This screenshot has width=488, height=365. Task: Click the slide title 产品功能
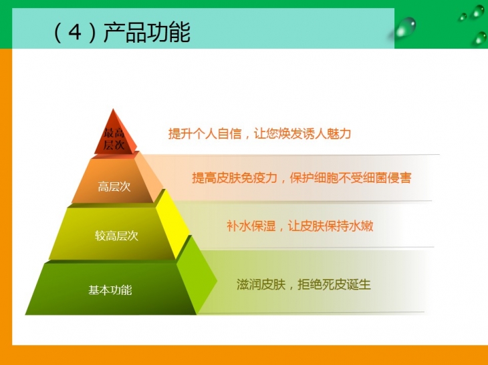[146, 32]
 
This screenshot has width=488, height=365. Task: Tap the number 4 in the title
[75, 32]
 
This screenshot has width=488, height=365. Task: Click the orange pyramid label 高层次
[114, 187]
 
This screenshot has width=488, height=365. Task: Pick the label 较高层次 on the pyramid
[116, 236]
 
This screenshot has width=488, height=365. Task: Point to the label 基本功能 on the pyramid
[110, 290]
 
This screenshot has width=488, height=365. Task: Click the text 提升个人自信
[205, 133]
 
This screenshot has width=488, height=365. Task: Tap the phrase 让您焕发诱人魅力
[302, 133]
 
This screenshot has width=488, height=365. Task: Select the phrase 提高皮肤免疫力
[235, 178]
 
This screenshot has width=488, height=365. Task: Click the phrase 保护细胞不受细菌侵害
[350, 178]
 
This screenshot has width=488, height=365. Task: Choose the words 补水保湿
[251, 226]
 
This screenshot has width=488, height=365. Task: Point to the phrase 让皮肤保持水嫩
[330, 226]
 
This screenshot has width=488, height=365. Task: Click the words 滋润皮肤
[261, 284]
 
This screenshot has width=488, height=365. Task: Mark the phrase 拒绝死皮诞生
[334, 284]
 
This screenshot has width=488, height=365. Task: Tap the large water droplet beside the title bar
[405, 27]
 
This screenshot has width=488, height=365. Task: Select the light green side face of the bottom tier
[197, 276]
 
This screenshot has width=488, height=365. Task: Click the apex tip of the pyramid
[113, 109]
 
